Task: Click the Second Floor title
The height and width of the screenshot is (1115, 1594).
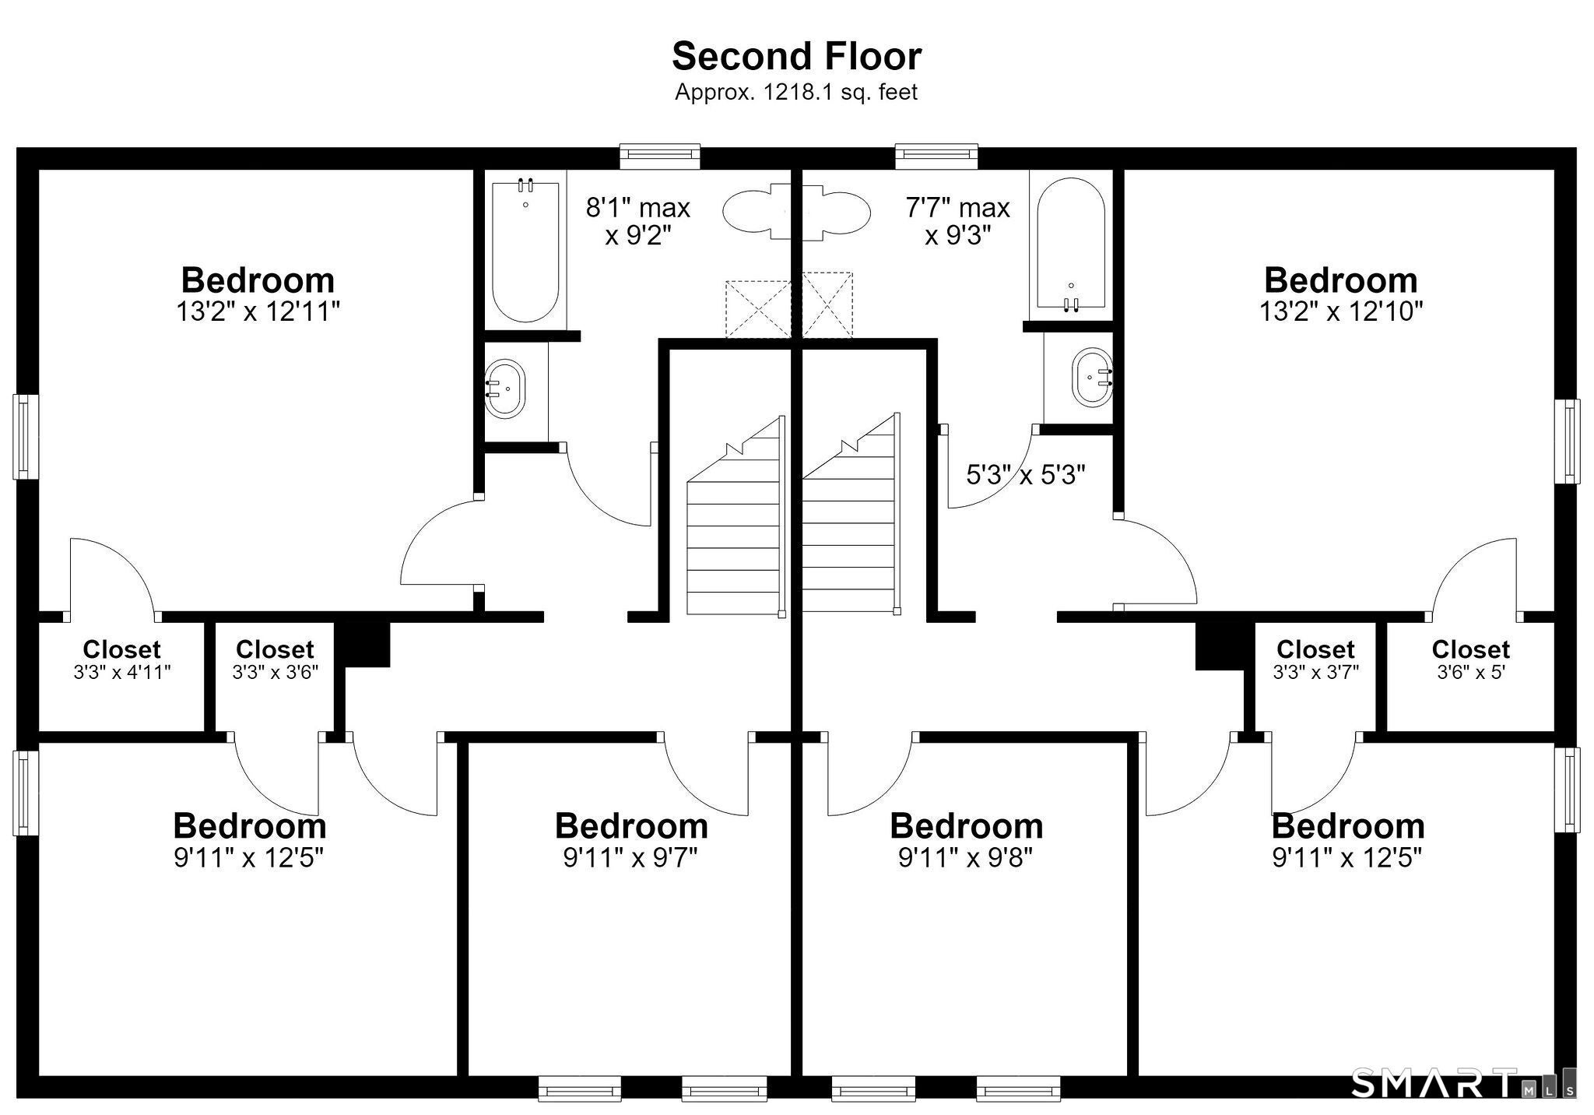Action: [796, 56]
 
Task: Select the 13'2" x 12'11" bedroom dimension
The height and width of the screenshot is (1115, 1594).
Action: [258, 311]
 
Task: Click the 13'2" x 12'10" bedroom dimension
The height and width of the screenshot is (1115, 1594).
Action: [1341, 311]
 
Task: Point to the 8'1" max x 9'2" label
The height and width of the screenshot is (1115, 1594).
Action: [638, 221]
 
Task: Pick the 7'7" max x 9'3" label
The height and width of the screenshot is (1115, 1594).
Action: [957, 221]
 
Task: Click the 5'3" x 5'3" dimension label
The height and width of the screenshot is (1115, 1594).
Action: [1026, 474]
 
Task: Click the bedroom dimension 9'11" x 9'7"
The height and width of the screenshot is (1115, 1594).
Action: [630, 857]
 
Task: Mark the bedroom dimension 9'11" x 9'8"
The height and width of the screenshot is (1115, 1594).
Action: [965, 857]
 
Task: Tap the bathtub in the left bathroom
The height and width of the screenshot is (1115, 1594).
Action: [525, 251]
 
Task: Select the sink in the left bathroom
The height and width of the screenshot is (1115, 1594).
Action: [504, 389]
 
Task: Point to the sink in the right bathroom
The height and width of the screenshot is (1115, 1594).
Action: [1092, 377]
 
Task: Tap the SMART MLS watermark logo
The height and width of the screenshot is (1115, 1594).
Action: [1463, 1082]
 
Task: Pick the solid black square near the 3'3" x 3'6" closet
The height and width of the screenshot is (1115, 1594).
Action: [367, 645]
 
